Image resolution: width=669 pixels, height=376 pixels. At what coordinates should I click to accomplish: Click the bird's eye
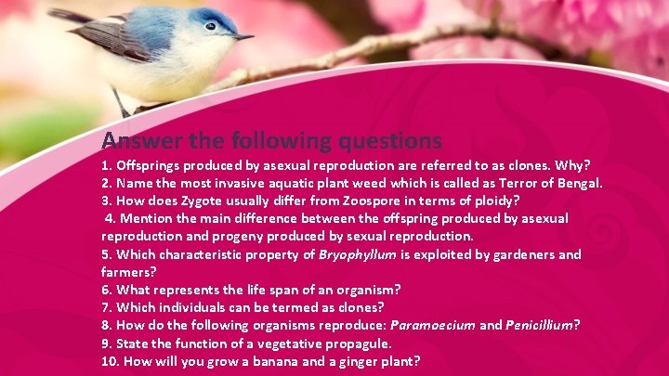tap(212, 26)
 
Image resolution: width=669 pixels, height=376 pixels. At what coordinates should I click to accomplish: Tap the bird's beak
tap(243, 37)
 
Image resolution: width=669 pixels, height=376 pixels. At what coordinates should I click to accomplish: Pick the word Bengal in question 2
tap(578, 184)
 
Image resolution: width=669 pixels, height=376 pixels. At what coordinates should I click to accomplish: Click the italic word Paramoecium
tap(432, 325)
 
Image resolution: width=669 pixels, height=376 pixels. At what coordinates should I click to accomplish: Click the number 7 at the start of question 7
tap(105, 307)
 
